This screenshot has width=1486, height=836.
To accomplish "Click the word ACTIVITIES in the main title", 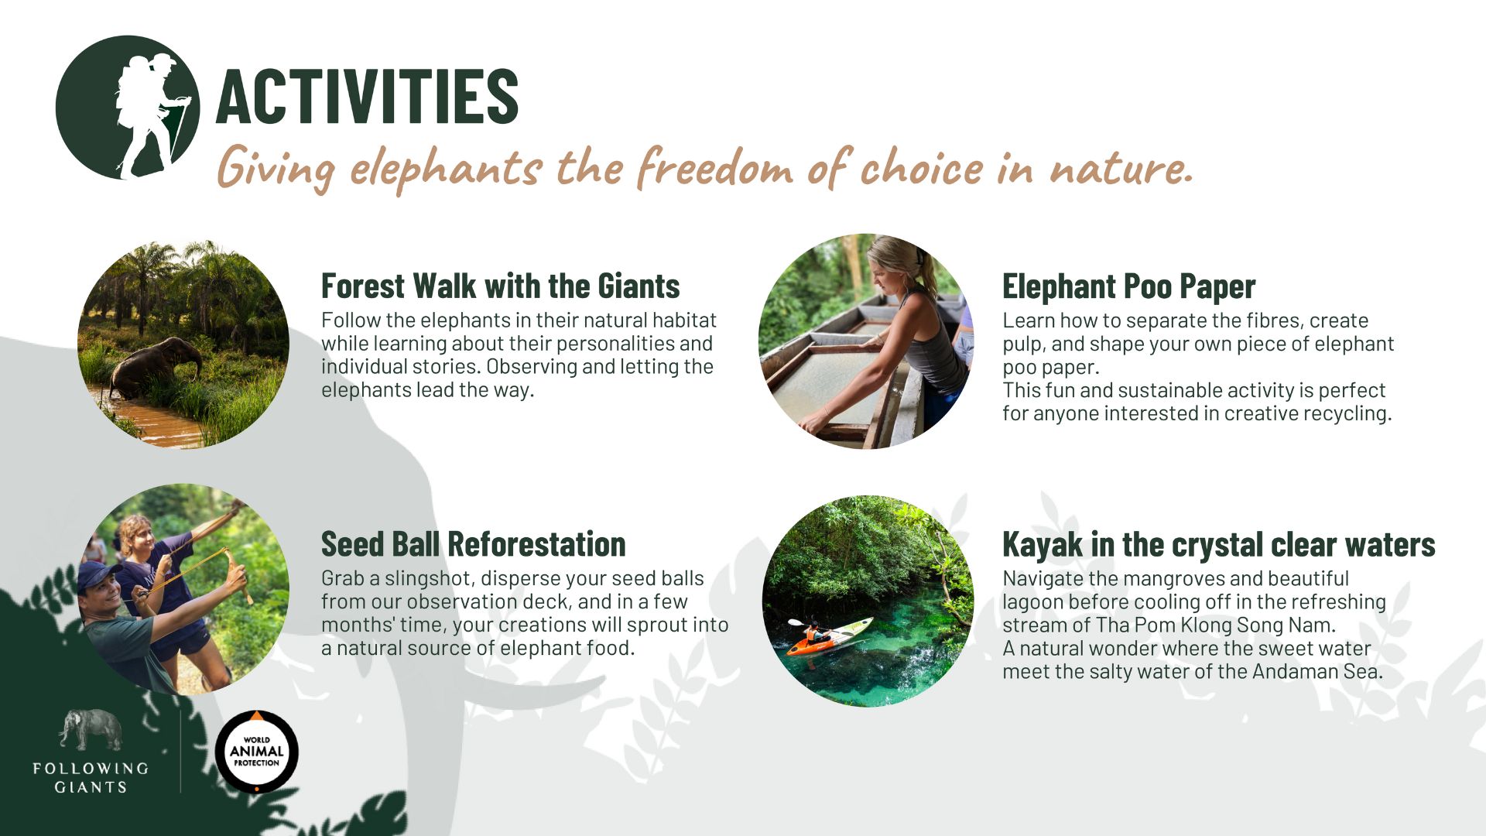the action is click(x=367, y=96).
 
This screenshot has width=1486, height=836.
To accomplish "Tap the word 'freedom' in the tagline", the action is click(x=715, y=168).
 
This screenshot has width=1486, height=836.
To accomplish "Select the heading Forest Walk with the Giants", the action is click(x=500, y=286).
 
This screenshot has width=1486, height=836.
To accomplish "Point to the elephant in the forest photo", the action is click(x=155, y=366).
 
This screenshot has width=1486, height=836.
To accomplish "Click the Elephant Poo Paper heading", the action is click(x=1128, y=286).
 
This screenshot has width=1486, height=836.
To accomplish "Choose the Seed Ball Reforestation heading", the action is click(x=473, y=544).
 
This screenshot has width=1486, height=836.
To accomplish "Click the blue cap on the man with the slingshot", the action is click(x=98, y=574).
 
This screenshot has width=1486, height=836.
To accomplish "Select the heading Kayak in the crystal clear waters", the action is click(x=1218, y=544).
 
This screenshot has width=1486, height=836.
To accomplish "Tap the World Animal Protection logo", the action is click(x=256, y=752).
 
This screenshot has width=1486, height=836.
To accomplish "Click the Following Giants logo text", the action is click(x=91, y=777).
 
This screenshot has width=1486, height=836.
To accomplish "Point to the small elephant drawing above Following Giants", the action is click(x=91, y=729).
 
